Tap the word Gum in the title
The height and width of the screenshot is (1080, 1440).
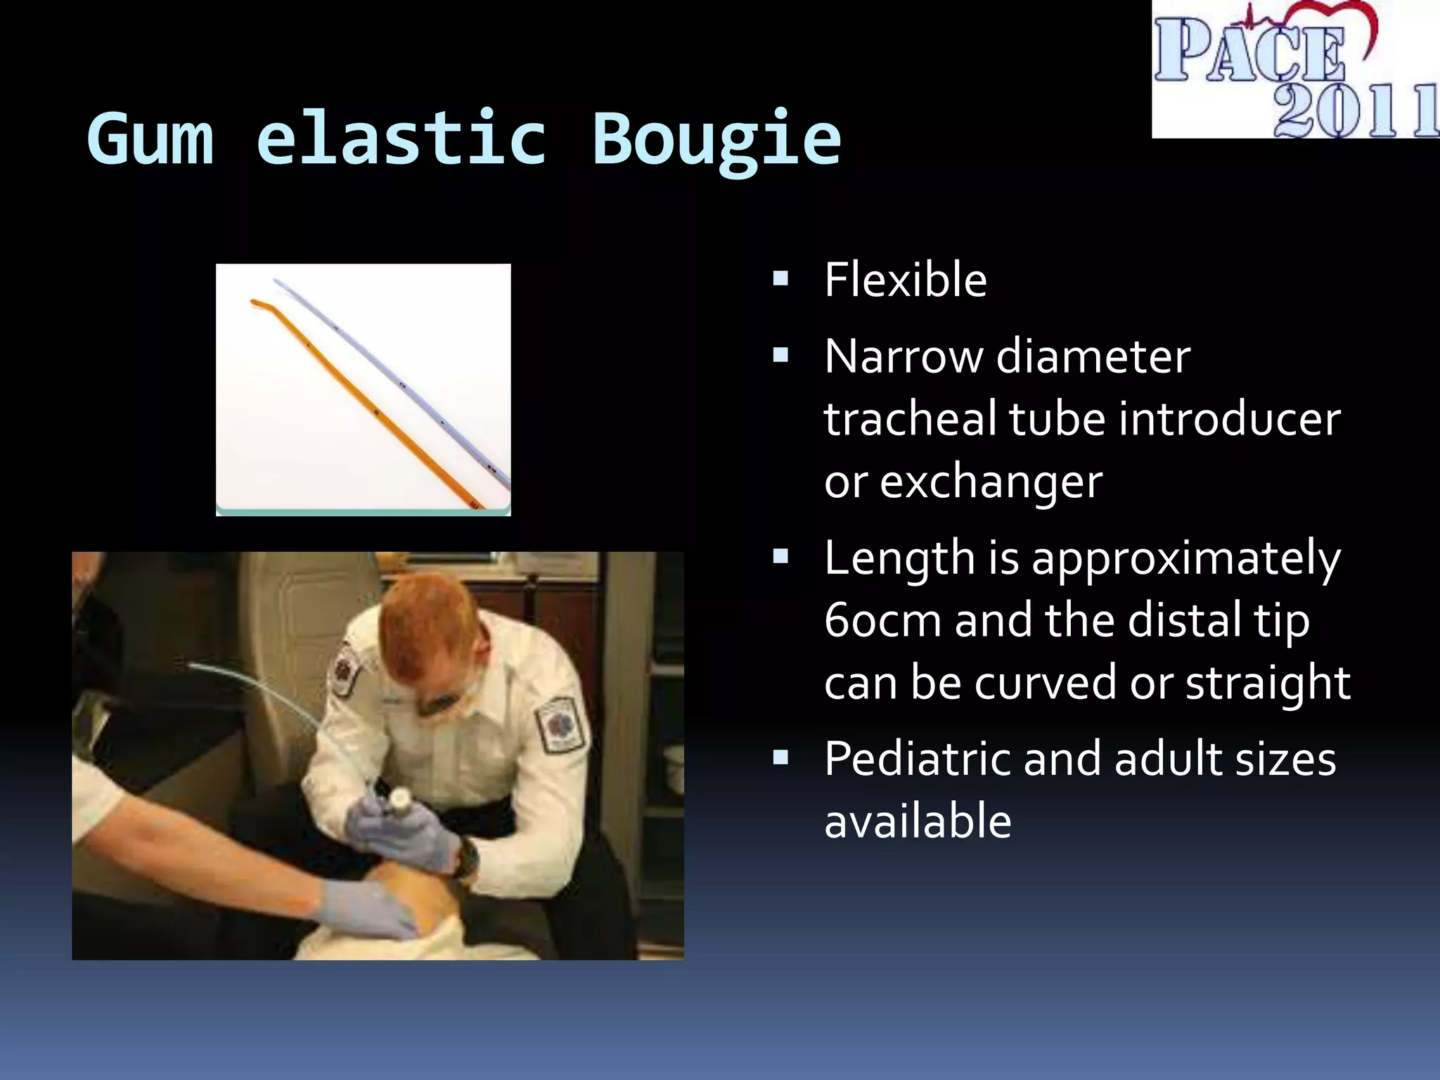pyautogui.click(x=150, y=139)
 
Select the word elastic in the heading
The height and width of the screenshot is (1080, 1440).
pyautogui.click(x=401, y=139)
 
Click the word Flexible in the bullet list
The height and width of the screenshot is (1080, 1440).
pyautogui.click(x=906, y=280)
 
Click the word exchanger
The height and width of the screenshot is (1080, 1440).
pyautogui.click(x=991, y=482)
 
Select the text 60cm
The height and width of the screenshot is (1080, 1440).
pyautogui.click(x=882, y=620)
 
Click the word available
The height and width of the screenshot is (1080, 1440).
pyautogui.click(x=918, y=821)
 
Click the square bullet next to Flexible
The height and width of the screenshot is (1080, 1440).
pyautogui.click(x=780, y=280)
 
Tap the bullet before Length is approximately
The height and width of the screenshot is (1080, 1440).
pyautogui.click(x=780, y=558)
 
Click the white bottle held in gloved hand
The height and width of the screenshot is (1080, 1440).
pyautogui.click(x=399, y=799)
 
